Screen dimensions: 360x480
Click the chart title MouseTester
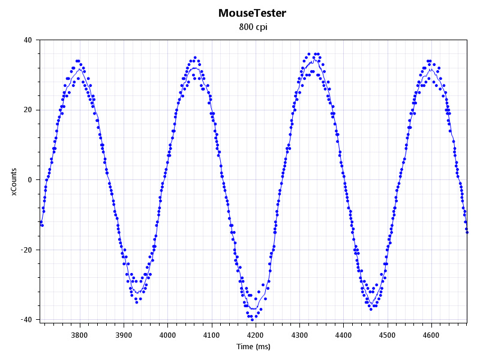(252, 13)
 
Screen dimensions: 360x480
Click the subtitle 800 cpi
(252, 27)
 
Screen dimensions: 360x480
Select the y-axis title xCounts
(14, 180)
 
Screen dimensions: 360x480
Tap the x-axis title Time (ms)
(253, 346)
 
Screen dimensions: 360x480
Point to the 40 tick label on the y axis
(28, 40)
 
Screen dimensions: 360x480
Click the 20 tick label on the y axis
(28, 110)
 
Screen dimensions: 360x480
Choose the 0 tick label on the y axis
(31, 180)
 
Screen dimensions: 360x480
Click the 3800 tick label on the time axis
(80, 335)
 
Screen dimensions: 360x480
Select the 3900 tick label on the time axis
(124, 335)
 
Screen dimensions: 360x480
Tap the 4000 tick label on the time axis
(167, 335)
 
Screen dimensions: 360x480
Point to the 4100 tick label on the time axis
(212, 335)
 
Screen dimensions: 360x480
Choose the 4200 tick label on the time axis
(256, 335)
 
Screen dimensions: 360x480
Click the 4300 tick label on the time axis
(299, 335)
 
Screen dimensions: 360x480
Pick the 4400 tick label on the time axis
(343, 335)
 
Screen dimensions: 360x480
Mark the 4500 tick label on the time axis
(388, 335)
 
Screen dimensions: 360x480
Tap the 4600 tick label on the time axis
(431, 335)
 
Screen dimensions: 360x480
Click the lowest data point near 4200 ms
(252, 320)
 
